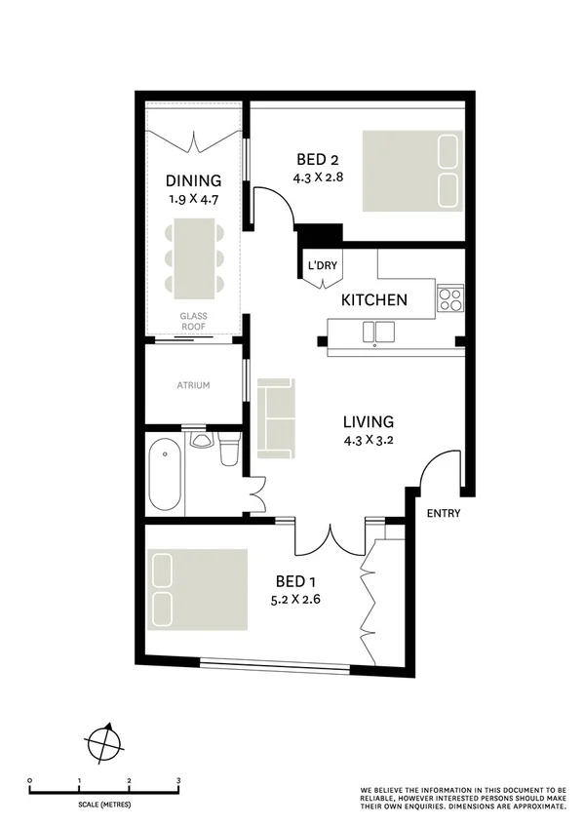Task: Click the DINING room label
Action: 193,180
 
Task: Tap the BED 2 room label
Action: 319,161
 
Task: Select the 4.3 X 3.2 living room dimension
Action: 368,440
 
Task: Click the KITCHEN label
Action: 373,300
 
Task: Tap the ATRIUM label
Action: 193,385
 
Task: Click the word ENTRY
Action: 443,514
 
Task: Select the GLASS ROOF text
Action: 193,321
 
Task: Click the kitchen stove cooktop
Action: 449,298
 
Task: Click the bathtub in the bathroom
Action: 165,474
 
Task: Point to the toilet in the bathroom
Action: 230,451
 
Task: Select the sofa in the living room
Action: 277,418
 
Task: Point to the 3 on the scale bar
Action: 178,781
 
